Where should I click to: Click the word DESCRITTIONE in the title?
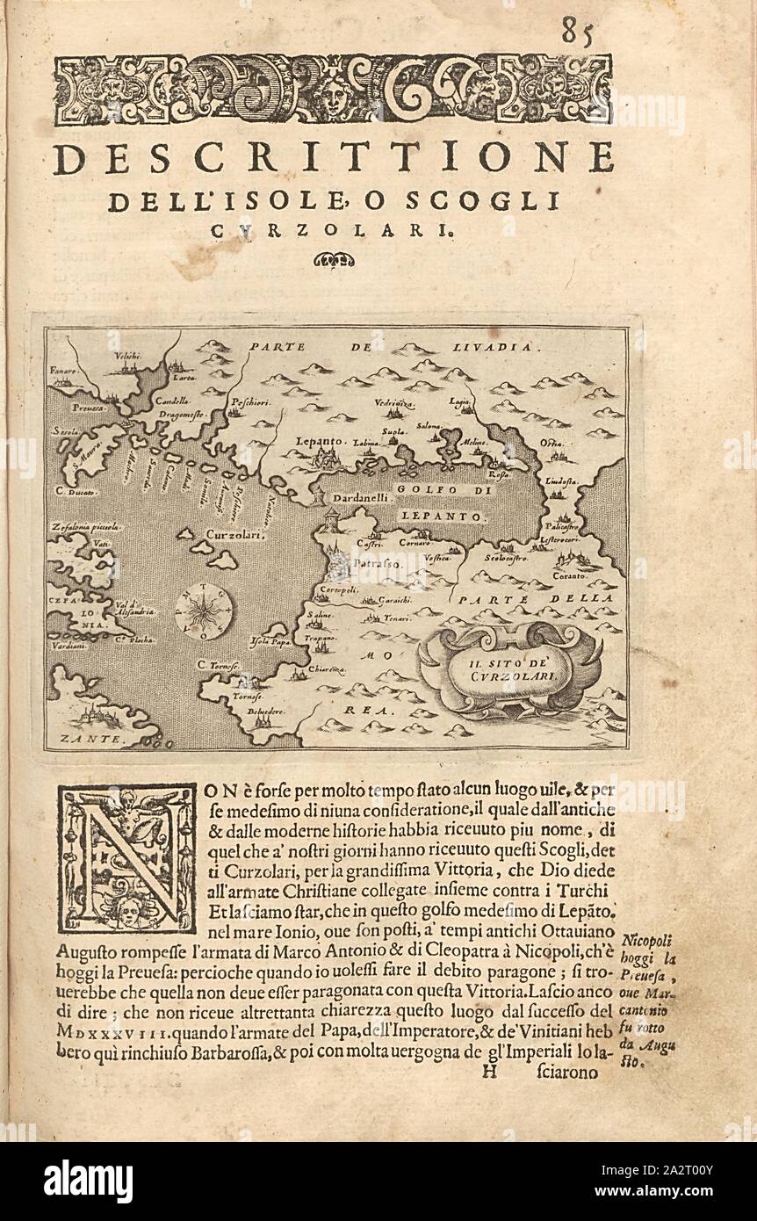[333, 160]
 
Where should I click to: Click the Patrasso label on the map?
[376, 559]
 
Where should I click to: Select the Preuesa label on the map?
[90, 410]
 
